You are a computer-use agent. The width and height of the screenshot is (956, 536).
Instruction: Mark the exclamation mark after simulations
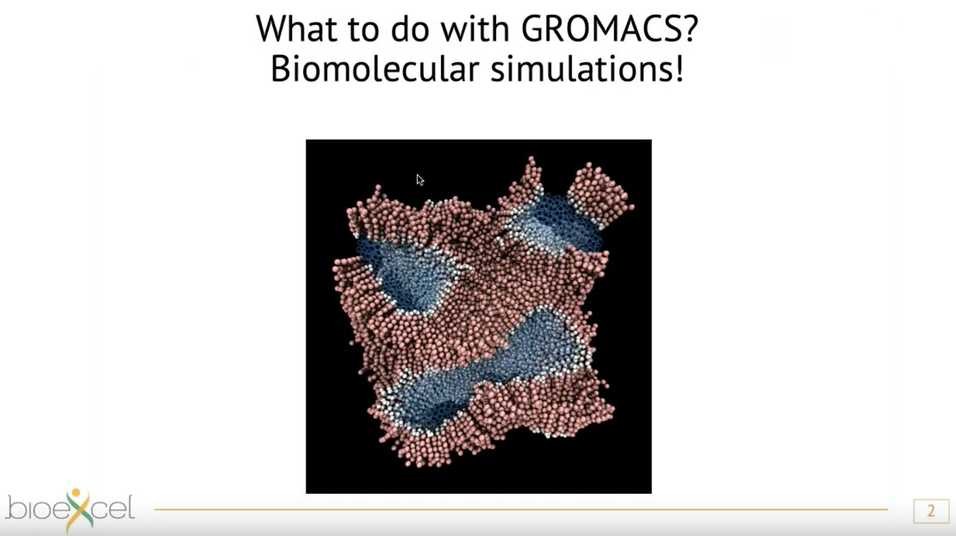tap(680, 69)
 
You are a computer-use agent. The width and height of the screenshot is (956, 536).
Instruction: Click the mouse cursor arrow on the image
tap(420, 180)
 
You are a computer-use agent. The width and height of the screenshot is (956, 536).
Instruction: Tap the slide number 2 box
tap(930, 511)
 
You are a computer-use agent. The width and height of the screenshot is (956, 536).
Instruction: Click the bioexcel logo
tap(70, 509)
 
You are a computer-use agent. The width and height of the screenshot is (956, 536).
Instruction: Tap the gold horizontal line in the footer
tap(521, 509)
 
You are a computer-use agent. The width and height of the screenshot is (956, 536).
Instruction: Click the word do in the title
tap(410, 28)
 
